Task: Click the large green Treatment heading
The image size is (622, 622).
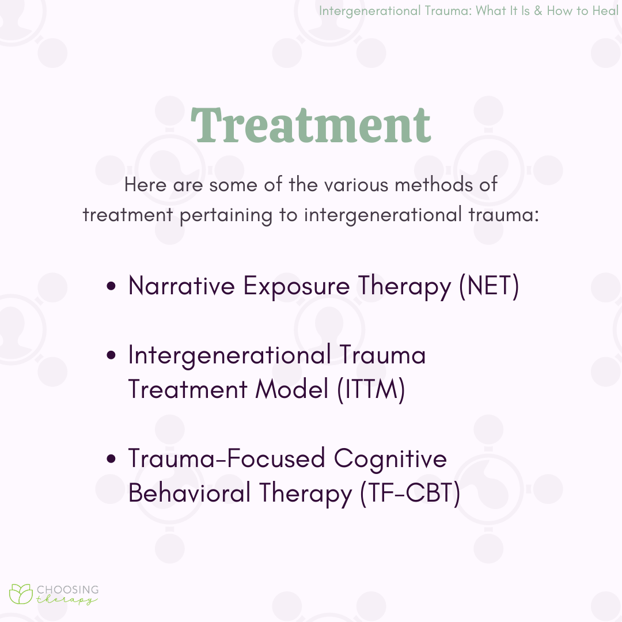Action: click(311, 126)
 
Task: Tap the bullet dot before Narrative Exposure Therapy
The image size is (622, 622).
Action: click(112, 286)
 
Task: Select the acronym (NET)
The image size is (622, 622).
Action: click(489, 286)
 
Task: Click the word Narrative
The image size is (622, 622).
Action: click(181, 285)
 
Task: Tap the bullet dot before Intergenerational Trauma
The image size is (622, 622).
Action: click(112, 355)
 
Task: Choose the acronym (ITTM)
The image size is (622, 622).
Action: click(371, 389)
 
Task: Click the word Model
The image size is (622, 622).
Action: click(292, 388)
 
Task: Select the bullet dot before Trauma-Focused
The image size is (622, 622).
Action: click(112, 458)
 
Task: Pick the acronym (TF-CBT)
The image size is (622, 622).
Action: click(410, 493)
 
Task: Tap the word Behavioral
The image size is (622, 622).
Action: click(189, 492)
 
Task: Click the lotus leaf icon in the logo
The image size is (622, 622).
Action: click(21, 594)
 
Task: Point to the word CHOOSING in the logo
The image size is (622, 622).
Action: click(68, 590)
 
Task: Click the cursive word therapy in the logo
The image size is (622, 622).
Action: click(67, 600)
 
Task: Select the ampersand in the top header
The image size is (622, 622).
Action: click(538, 11)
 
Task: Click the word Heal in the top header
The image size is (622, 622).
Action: click(605, 11)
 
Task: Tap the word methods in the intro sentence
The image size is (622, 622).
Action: click(434, 184)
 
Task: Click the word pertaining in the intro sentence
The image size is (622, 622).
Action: click(226, 216)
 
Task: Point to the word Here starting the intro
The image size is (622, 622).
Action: click(145, 184)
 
